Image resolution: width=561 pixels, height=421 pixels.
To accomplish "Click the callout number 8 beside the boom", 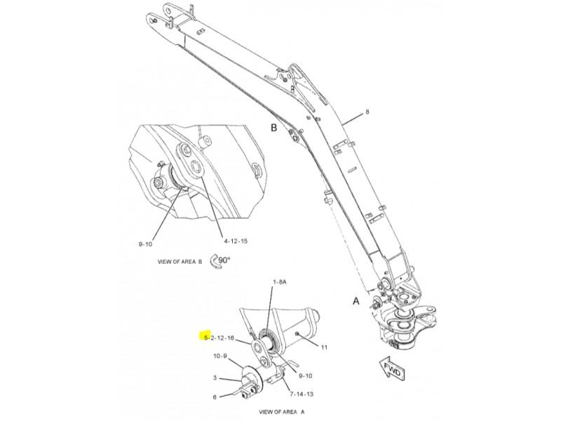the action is point(367,112).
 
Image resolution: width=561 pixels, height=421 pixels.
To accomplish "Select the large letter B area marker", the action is point(273,128).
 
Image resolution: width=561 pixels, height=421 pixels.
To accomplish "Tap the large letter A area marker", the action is point(356,301).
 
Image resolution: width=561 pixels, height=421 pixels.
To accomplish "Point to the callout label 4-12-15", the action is point(236,241).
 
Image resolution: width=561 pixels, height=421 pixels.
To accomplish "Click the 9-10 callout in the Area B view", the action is point(145,244).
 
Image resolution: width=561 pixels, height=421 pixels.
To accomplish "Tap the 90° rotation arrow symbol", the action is point(219,260).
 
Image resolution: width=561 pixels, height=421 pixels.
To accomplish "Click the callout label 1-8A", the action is point(280,282).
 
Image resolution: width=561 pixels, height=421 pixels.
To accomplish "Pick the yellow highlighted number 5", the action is point(205,338).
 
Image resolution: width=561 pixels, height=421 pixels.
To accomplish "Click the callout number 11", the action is point(324,347).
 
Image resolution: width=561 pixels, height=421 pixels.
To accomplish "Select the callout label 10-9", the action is point(220,356).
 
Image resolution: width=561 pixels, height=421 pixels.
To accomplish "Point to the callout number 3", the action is point(215,377).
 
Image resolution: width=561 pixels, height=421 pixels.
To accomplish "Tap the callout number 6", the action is point(215,397).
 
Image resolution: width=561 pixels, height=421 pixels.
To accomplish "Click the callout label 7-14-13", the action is point(302,394).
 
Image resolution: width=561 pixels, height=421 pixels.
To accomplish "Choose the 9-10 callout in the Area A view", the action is point(306,375).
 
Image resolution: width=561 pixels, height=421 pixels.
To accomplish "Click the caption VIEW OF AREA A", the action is point(282,412).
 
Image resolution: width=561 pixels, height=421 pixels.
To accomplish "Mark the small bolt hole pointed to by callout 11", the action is point(297,334).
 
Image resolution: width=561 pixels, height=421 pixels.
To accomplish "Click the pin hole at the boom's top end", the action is point(154,20).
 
